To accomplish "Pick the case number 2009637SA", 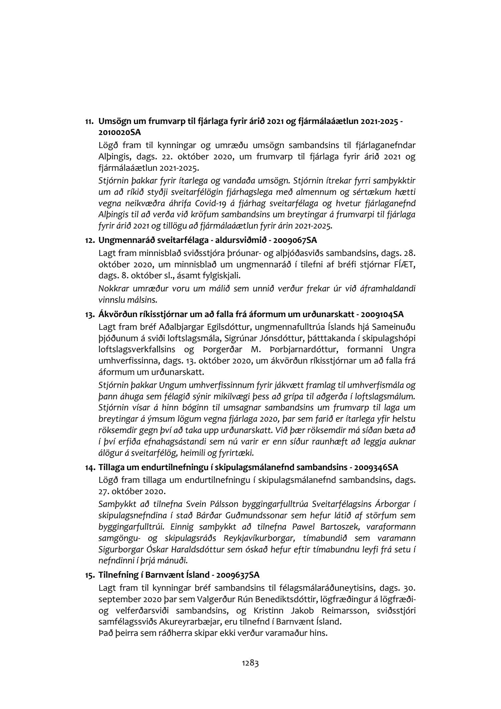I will pos(238,575).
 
